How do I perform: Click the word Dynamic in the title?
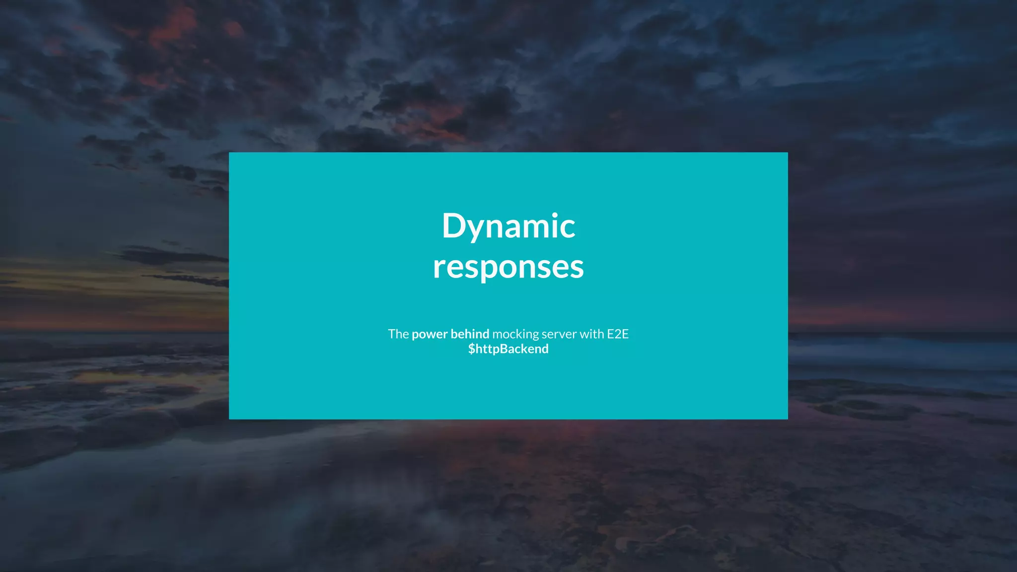point(508,226)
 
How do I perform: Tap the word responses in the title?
point(508,267)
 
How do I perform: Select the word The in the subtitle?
point(398,334)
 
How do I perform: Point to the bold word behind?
point(470,334)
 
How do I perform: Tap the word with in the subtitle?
point(591,334)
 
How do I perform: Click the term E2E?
point(618,334)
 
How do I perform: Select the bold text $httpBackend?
point(508,349)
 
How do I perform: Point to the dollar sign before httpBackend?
point(472,349)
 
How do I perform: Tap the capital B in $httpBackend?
point(504,349)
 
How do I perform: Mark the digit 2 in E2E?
point(618,334)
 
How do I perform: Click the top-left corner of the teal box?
point(229,153)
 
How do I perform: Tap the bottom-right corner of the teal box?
point(787,419)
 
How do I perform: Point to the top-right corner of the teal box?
point(787,153)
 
